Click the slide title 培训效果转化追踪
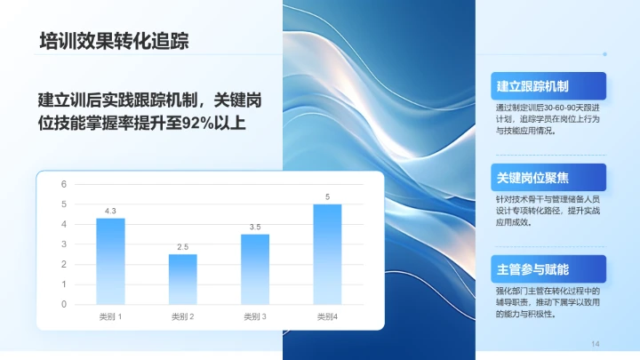114,42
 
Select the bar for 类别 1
110,261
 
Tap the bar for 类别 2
182,279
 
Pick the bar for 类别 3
254,269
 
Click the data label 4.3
110,211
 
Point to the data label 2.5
182,246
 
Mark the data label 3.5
254,227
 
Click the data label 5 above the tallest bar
327,196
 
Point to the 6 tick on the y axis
63,184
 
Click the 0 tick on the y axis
63,304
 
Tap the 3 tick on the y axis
63,244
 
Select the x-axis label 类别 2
182,316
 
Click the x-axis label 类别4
327,316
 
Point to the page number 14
596,344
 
